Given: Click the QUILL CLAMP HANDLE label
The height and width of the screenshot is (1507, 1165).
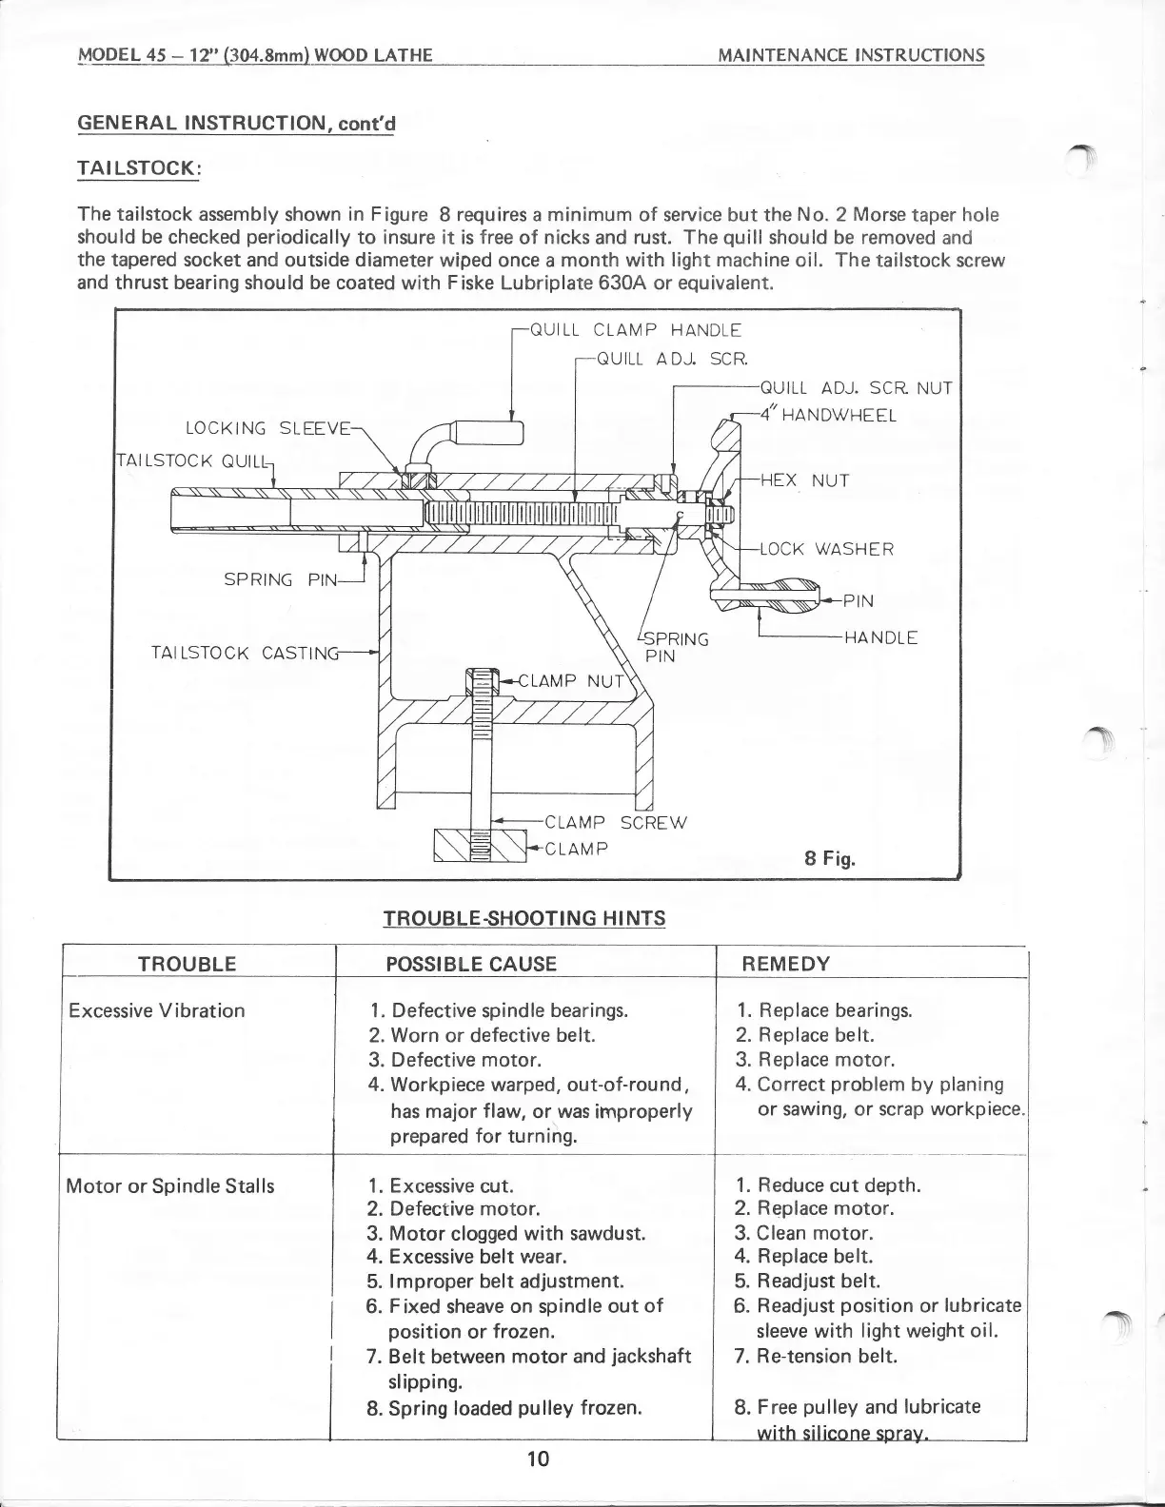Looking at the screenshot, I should tap(634, 331).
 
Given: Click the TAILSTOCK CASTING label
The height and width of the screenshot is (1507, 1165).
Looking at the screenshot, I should tap(245, 653).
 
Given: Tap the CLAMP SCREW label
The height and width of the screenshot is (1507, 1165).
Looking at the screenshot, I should tap(613, 822).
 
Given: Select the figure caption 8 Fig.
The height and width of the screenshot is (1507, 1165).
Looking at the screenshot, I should tap(830, 859).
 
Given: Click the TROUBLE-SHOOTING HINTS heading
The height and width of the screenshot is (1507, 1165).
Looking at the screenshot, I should tap(523, 918).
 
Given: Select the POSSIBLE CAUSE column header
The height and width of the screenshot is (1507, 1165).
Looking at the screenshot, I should tap(470, 964).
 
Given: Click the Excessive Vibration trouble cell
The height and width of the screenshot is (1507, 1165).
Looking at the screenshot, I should tap(156, 1010).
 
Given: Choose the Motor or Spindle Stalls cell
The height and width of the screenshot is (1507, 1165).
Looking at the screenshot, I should tap(169, 1185).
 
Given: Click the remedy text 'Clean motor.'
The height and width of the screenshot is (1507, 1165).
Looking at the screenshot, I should tap(814, 1233).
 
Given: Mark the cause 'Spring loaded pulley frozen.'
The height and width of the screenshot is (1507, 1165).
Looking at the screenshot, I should tap(504, 1406).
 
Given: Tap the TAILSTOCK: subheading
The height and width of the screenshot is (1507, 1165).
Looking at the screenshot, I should tap(138, 167).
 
